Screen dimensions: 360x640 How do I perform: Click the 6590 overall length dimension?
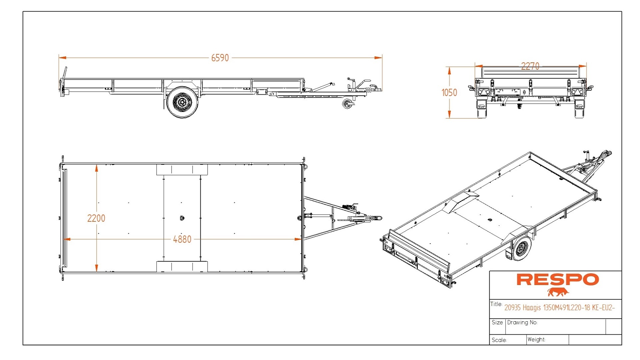pyautogui.click(x=220, y=58)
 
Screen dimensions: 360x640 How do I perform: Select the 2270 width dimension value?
pyautogui.click(x=530, y=66)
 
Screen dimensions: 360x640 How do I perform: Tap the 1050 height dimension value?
pyautogui.click(x=449, y=93)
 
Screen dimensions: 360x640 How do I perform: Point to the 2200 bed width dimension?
pyautogui.click(x=96, y=218)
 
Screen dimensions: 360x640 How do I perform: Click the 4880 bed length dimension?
pyautogui.click(x=182, y=239)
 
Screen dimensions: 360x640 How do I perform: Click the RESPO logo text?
pyautogui.click(x=557, y=280)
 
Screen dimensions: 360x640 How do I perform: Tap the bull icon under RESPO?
pyautogui.click(x=558, y=292)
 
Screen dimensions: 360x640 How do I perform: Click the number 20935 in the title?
pyautogui.click(x=512, y=307)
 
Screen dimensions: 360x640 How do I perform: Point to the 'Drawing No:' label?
pyautogui.click(x=522, y=322)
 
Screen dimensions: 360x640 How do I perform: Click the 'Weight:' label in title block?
pyautogui.click(x=536, y=339)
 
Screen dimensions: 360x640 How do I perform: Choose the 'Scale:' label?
pyautogui.click(x=499, y=340)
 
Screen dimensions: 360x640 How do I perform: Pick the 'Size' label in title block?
pyautogui.click(x=497, y=322)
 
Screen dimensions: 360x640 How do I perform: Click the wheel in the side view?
pyautogui.click(x=182, y=102)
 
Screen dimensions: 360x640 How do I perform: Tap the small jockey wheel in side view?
pyautogui.click(x=347, y=104)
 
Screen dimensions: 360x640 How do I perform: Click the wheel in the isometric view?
pyautogui.click(x=521, y=249)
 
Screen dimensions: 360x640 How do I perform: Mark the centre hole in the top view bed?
pyautogui.click(x=182, y=218)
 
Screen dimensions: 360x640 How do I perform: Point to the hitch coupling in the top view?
pyautogui.click(x=377, y=218)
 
